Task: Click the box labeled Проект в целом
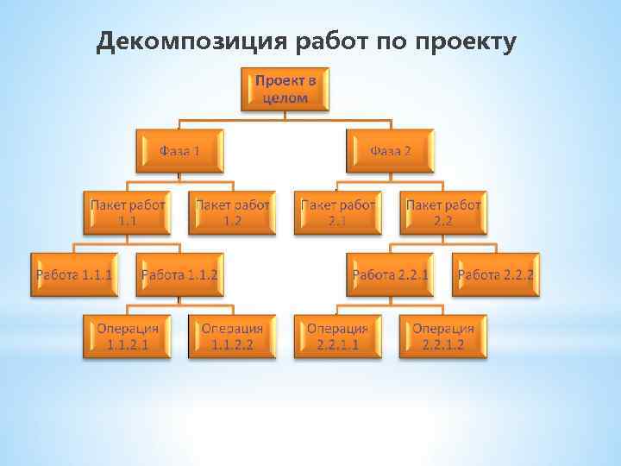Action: (285, 89)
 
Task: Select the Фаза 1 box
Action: (179, 151)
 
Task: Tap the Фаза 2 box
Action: (391, 151)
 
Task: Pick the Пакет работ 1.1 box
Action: (127, 212)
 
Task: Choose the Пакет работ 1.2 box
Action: (232, 212)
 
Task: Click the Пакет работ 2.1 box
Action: (337, 212)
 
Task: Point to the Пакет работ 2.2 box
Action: (443, 212)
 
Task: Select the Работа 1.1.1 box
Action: (74, 274)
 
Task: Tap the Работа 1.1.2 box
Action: (179, 274)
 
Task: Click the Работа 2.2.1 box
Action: (391, 274)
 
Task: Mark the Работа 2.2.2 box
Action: (496, 274)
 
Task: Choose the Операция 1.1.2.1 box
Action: (127, 337)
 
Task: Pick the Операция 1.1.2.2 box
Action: (232, 337)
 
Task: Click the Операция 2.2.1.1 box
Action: (337, 337)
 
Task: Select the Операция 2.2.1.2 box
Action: (443, 337)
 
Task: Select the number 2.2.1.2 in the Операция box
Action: (443, 344)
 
